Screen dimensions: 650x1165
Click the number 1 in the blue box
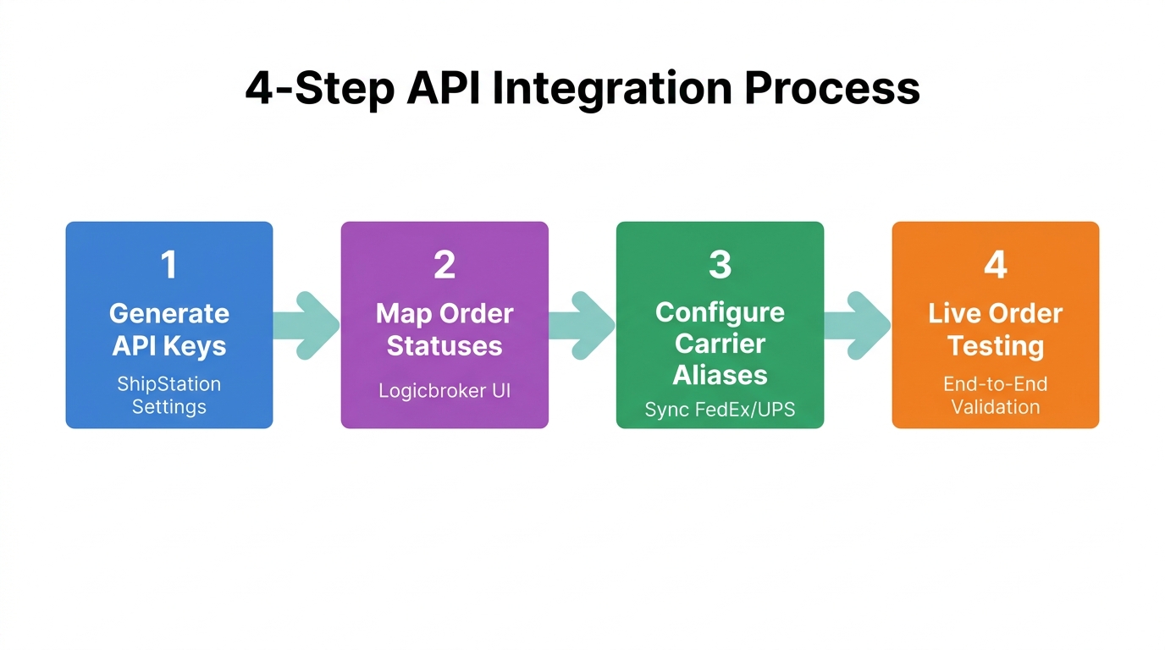point(169,265)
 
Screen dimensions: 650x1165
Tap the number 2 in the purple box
point(444,265)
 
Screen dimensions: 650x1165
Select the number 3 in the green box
point(720,265)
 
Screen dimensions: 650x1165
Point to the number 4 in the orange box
point(996,265)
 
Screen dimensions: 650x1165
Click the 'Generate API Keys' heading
point(169,329)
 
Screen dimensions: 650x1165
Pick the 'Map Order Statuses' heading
point(444,329)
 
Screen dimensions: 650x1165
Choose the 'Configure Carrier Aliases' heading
point(720,344)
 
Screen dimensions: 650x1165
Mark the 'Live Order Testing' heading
point(996,329)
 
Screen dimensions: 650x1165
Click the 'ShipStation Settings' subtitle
point(169,395)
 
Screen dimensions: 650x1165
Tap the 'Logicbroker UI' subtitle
point(444,390)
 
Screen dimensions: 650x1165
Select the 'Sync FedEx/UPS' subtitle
point(720,410)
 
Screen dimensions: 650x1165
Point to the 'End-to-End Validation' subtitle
point(996,395)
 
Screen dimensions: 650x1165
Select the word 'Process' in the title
point(832,89)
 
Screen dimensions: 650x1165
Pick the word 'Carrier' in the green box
point(720,344)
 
